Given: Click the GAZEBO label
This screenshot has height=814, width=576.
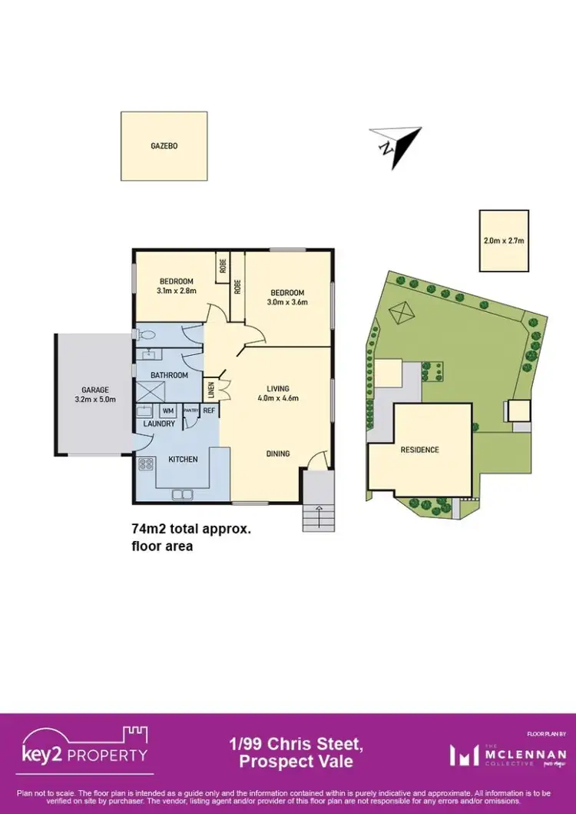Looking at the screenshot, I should (164, 145).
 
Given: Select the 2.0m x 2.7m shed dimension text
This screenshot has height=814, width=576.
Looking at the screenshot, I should (504, 241).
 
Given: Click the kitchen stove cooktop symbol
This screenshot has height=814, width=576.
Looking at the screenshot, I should (145, 463).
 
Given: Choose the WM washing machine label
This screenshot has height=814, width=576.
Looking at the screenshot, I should (167, 411).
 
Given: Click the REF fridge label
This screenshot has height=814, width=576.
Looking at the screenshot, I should (210, 411).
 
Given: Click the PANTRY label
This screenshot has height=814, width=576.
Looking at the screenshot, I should (190, 411).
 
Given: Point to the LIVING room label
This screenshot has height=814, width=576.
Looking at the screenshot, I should (277, 388).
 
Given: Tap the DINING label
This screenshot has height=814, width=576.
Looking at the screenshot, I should (278, 454).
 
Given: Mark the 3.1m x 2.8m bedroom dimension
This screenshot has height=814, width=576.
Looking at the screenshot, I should (176, 291).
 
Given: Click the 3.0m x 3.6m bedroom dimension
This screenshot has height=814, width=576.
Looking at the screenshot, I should (287, 302).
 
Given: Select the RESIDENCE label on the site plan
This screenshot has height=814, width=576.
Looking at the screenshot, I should (419, 450).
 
